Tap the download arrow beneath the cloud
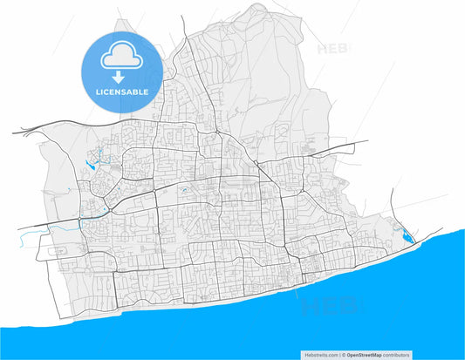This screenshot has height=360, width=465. tap(122, 77)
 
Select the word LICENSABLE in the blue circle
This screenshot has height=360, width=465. tap(122, 91)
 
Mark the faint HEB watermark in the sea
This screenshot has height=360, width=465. tap(332, 304)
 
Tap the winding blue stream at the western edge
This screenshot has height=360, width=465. tap(61, 226)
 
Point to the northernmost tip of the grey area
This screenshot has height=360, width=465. tap(259, 4)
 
